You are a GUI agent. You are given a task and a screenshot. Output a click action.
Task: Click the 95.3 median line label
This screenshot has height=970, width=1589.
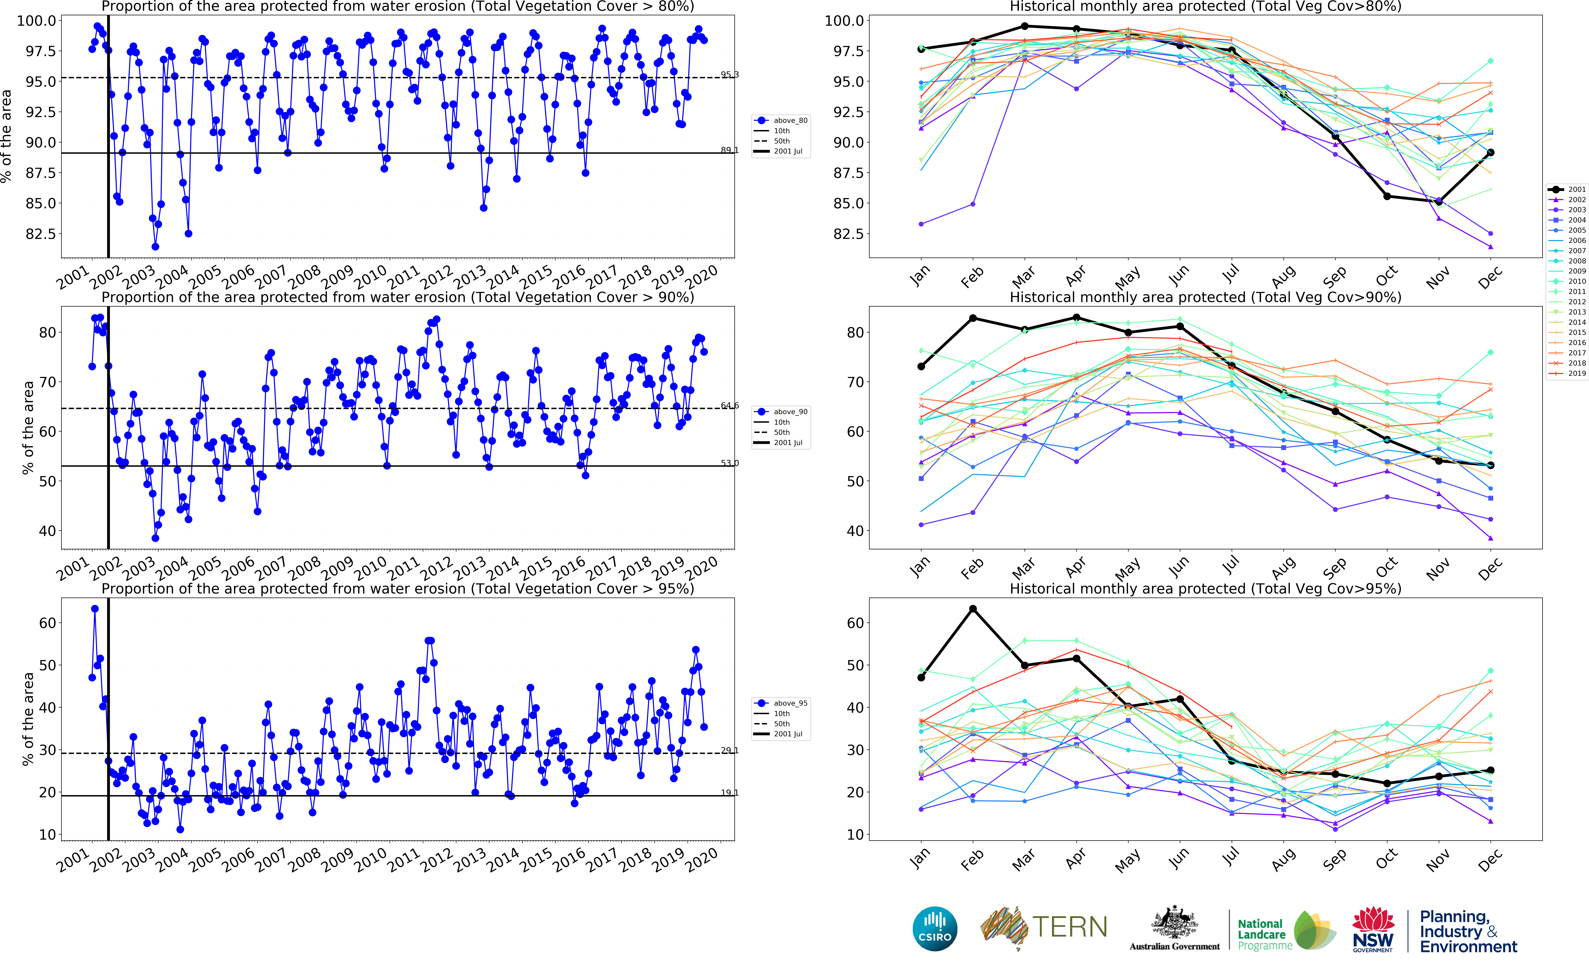[729, 75]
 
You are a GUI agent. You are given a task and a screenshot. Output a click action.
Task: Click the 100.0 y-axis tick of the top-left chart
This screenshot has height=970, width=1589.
[36, 21]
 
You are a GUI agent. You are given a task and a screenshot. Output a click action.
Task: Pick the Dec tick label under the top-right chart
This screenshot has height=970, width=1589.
[1490, 278]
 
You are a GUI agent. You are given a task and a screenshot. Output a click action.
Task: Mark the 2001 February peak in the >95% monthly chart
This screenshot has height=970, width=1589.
[972, 609]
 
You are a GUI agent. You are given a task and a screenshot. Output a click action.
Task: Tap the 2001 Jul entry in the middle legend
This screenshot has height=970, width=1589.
[788, 443]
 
